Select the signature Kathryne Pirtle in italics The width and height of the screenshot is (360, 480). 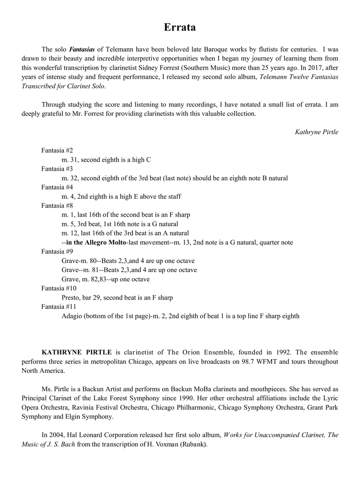(316, 132)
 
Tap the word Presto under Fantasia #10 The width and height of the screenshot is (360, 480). (71, 297)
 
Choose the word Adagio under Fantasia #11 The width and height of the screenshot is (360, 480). (72, 316)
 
